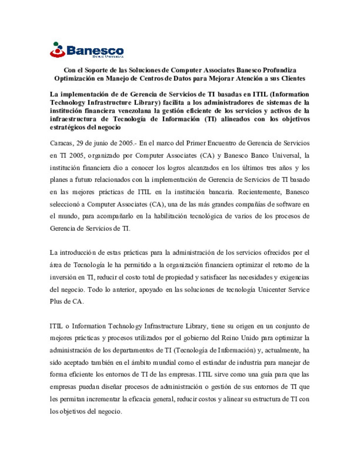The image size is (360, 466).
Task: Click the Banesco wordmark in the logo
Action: point(95,51)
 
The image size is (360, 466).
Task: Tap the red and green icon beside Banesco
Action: point(57,50)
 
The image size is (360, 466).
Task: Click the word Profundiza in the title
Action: point(279,70)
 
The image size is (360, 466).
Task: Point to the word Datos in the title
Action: point(182,78)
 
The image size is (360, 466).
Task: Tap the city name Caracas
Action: point(61,143)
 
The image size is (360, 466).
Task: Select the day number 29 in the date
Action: point(80,143)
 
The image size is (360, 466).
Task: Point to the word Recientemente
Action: point(259,192)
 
